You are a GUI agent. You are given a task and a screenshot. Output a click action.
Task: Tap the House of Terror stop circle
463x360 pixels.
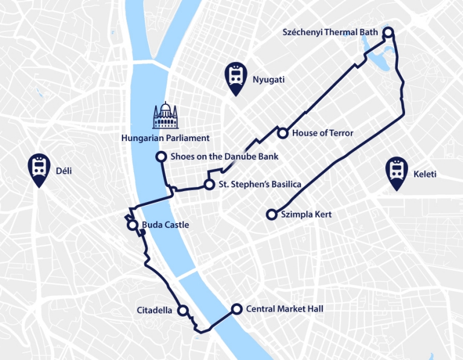click(282, 133)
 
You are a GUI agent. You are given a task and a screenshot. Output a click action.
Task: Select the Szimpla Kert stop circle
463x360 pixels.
click(272, 214)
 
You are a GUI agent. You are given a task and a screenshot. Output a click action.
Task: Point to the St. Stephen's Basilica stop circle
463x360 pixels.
click(209, 184)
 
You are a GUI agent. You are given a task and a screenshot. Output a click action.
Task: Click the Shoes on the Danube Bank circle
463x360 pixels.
click(161, 157)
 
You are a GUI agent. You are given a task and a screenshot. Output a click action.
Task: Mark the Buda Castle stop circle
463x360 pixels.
click(132, 226)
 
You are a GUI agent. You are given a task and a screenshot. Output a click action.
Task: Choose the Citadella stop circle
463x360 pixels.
click(183, 311)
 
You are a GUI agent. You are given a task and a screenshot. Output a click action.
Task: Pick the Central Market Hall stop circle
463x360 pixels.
click(236, 309)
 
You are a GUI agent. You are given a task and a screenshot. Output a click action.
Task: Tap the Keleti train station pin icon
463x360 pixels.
click(397, 173)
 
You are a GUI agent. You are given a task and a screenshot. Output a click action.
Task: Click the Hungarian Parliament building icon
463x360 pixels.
click(165, 116)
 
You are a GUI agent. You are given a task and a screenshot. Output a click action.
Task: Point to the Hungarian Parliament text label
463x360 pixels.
click(165, 138)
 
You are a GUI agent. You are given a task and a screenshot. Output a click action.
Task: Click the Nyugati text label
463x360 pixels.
click(269, 80)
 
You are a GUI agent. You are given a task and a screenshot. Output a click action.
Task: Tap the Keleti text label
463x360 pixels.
click(424, 175)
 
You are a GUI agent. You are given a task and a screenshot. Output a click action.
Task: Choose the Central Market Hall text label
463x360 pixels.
click(284, 309)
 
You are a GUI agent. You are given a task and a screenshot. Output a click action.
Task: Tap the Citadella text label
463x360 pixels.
click(155, 311)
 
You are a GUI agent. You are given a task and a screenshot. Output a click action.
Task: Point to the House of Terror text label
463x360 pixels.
click(322, 133)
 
